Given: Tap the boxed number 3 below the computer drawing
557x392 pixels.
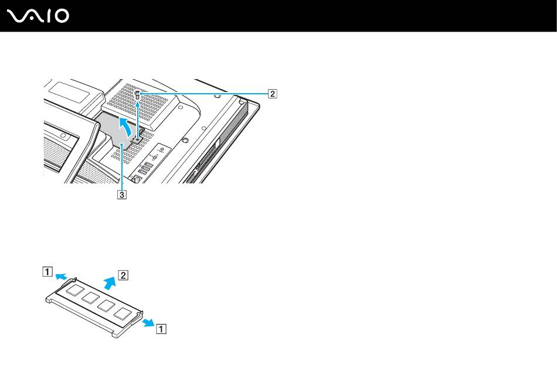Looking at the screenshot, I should click(x=121, y=195).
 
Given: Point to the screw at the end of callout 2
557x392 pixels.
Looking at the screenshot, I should click(x=138, y=95).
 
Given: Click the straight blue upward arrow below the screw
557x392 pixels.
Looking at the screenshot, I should click(x=138, y=117).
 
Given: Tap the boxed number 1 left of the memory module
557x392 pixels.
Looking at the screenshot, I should click(x=46, y=271).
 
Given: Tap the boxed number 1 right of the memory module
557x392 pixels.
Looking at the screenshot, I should click(x=161, y=329).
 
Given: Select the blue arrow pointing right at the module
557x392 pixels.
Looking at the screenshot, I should click(x=148, y=322).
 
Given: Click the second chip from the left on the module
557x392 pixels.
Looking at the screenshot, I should click(x=90, y=297).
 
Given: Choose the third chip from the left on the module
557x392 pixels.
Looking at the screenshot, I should click(x=106, y=305).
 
